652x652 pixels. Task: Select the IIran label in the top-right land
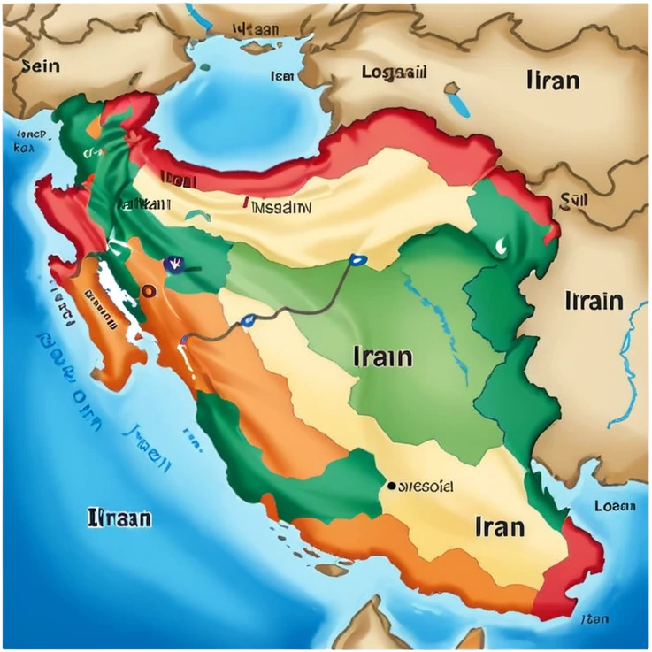553,81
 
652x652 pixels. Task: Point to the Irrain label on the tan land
594,301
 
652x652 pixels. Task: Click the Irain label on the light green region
382,357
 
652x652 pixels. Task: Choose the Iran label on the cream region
500,527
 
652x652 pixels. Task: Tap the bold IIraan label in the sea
119,518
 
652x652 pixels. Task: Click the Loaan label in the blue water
614,506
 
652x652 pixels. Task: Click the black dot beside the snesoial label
390,486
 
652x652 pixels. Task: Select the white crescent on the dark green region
502,244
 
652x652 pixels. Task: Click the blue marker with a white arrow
173,263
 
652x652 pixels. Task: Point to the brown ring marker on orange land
149,289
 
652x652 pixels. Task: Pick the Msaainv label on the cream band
280,209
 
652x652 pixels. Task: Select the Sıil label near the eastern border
574,201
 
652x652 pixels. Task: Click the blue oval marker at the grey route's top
357,260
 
